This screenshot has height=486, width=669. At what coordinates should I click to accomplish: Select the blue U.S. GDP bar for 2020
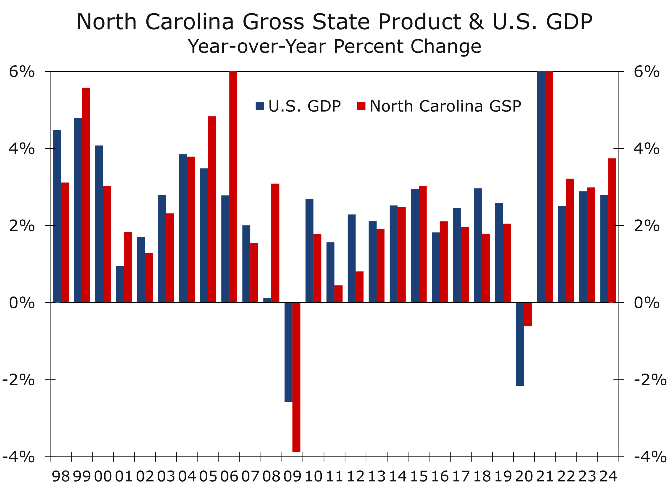[x=520, y=344]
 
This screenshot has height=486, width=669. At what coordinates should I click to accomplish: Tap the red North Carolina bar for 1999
[x=85, y=195]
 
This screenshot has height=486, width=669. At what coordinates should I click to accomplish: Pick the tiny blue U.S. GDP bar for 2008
[x=267, y=300]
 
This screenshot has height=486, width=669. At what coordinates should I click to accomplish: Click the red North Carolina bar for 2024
[x=612, y=230]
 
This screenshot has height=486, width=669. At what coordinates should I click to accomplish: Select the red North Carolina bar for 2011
[x=338, y=294]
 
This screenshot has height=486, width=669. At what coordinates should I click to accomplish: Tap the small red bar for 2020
[x=528, y=314]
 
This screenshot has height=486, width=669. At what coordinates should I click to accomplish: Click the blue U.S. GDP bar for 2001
[x=120, y=284]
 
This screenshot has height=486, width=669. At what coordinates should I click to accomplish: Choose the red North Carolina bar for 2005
[x=212, y=209]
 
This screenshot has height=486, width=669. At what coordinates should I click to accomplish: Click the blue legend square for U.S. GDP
[x=259, y=106]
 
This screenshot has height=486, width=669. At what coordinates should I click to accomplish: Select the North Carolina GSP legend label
[x=445, y=106]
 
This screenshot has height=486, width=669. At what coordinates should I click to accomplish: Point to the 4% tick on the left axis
[x=50, y=149]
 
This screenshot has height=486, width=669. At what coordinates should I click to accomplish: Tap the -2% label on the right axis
[x=650, y=380]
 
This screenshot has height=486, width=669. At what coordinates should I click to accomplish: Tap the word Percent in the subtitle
[x=368, y=46]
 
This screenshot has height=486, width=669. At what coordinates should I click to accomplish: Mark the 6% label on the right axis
[x=647, y=72]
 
